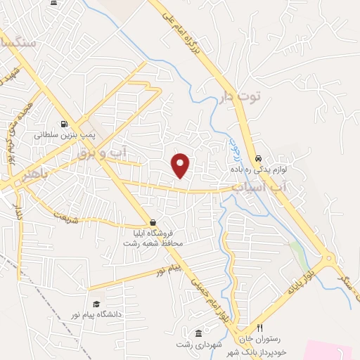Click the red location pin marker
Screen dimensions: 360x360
181,165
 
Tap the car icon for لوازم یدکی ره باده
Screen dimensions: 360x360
259,159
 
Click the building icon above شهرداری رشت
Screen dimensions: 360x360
198,333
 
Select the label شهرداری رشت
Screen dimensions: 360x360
198,343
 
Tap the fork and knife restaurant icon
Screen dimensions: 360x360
259,328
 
